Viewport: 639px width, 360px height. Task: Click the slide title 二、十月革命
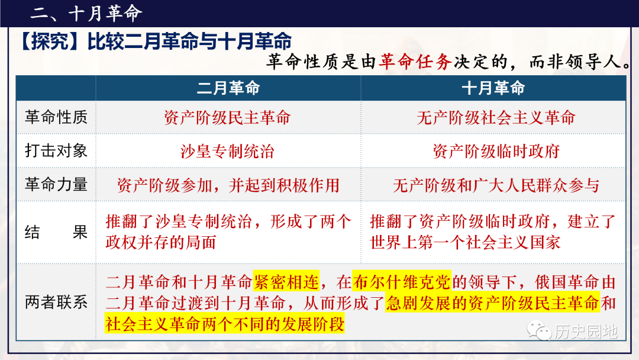tap(86, 14)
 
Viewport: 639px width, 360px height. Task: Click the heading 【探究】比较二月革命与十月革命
tap(155, 41)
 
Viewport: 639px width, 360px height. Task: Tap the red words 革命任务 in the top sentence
tap(415, 62)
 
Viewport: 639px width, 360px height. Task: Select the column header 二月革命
tap(228, 88)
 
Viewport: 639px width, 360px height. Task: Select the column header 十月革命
tap(493, 88)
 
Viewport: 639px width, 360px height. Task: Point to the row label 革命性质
tap(56, 117)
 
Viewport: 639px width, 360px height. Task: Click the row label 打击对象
tap(56, 151)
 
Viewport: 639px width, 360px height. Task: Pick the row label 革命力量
tap(56, 185)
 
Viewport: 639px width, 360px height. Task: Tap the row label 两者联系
tap(56, 303)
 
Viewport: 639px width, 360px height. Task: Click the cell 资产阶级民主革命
tap(227, 118)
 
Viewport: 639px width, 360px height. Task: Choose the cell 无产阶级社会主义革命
tap(496, 118)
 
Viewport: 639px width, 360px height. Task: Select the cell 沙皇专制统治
tap(227, 151)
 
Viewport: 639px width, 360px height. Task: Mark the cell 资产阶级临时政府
tap(496, 151)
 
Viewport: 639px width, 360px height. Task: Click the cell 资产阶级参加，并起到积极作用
tap(228, 185)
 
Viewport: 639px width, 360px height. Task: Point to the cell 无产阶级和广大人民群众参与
tap(496, 185)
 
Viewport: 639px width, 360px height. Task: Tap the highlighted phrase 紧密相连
tap(286, 282)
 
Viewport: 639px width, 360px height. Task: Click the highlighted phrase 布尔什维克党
tap(402, 282)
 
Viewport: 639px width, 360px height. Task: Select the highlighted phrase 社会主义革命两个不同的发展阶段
tap(225, 324)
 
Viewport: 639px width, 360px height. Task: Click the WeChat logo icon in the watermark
tap(539, 330)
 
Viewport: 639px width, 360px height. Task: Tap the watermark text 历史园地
tap(586, 332)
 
